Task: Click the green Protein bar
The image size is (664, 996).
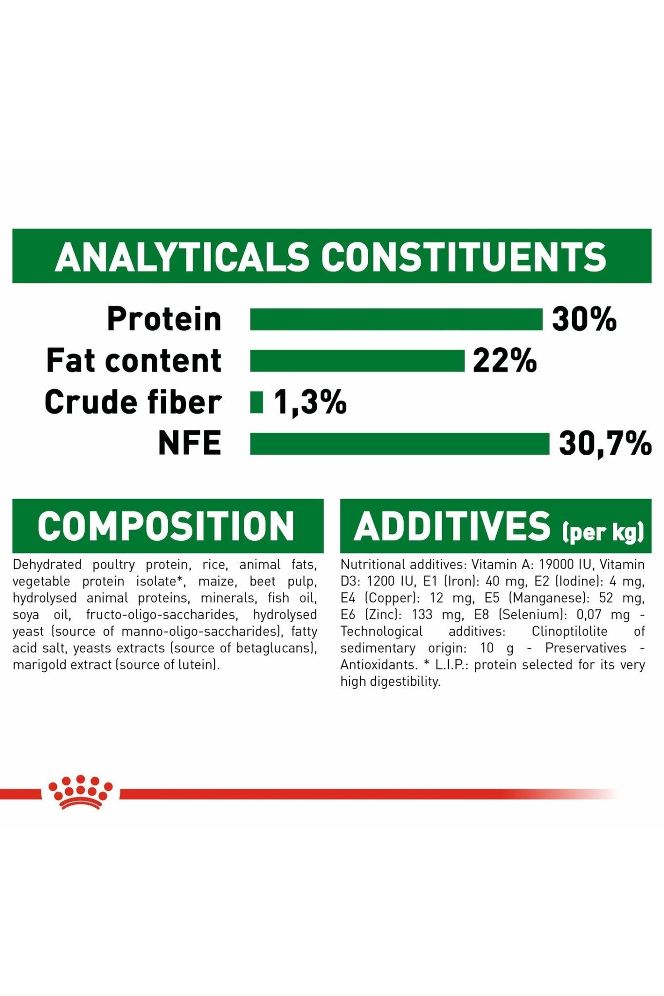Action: pyautogui.click(x=396, y=320)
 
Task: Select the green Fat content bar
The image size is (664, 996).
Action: pyautogui.click(x=357, y=361)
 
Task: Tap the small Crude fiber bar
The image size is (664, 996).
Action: pyautogui.click(x=256, y=403)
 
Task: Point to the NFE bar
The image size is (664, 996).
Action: pyautogui.click(x=399, y=444)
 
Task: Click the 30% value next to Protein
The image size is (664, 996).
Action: pyautogui.click(x=584, y=320)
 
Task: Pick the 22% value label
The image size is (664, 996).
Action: pyautogui.click(x=505, y=361)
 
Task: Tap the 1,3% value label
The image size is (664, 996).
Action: pyautogui.click(x=310, y=403)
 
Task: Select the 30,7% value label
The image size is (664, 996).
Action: pyautogui.click(x=605, y=444)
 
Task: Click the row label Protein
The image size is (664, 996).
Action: pyautogui.click(x=164, y=320)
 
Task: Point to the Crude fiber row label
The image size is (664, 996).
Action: pyautogui.click(x=133, y=403)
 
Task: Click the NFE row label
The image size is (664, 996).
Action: pyautogui.click(x=190, y=444)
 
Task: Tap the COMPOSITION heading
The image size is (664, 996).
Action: pyautogui.click(x=166, y=526)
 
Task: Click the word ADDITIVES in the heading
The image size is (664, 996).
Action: pyautogui.click(x=452, y=526)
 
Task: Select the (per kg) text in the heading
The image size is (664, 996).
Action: pyautogui.click(x=603, y=532)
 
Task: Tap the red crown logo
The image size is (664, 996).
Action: pyautogui.click(x=80, y=792)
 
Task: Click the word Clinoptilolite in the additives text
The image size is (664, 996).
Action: pyautogui.click(x=570, y=631)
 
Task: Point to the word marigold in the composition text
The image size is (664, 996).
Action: pyautogui.click(x=39, y=665)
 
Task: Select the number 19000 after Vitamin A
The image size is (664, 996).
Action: pyautogui.click(x=556, y=565)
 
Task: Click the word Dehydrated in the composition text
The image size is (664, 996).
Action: pyautogui.click(x=47, y=565)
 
